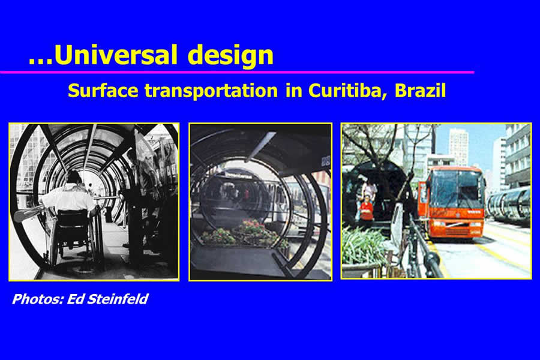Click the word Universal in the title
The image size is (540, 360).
click(x=115, y=55)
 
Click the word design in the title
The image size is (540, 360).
click(x=232, y=56)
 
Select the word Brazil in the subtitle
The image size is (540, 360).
click(x=420, y=90)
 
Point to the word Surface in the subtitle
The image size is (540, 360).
click(x=103, y=91)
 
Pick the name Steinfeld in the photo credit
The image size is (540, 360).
click(x=118, y=299)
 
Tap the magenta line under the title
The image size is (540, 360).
click(x=237, y=72)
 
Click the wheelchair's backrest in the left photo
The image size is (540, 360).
click(x=71, y=223)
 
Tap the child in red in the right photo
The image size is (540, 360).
click(x=366, y=208)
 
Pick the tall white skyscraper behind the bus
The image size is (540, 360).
click(x=458, y=145)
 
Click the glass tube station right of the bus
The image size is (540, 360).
click(x=509, y=206)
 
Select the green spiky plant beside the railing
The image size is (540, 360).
click(x=362, y=245)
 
